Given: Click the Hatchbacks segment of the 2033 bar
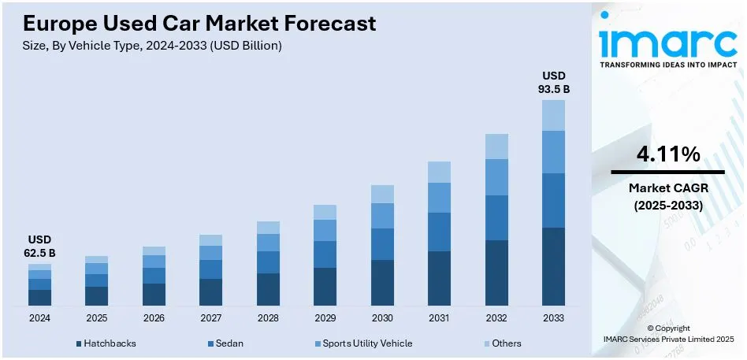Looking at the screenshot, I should [x=553, y=266].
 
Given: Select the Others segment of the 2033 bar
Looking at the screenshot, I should [x=553, y=115].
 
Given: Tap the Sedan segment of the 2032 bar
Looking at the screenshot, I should [x=496, y=217].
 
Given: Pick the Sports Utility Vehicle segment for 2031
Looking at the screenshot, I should [x=439, y=198].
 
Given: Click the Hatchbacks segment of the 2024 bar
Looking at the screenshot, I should [x=39, y=297].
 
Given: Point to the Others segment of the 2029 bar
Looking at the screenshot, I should [x=325, y=212].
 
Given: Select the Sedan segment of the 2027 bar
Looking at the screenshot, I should [x=210, y=269].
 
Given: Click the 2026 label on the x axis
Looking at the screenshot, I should [x=154, y=319].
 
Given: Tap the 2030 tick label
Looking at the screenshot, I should [x=382, y=319].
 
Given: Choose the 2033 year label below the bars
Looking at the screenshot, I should [x=553, y=319].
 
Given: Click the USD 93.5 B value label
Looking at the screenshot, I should [x=553, y=82].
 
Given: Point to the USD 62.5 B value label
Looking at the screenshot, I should [x=39, y=246].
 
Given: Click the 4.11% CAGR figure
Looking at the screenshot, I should [x=667, y=155].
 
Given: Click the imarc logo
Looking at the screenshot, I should [x=667, y=42].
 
